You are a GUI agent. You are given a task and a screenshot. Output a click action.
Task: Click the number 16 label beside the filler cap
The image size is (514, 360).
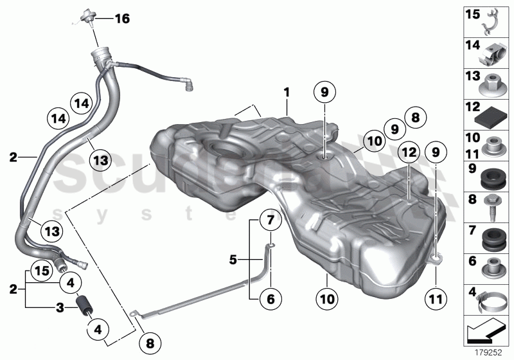(x=121, y=19)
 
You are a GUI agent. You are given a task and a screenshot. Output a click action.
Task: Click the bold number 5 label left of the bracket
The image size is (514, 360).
(x=234, y=260)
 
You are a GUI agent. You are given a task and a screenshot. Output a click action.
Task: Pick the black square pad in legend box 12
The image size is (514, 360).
(x=494, y=116)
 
